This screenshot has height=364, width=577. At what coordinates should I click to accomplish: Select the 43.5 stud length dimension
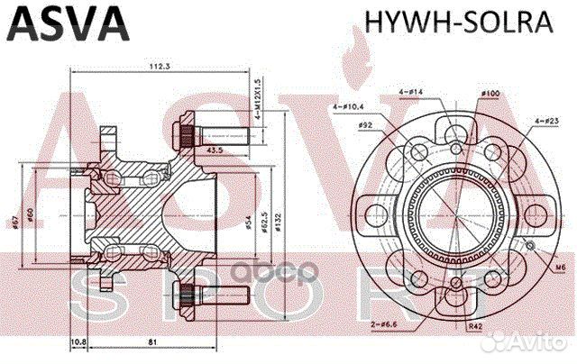click(216, 150)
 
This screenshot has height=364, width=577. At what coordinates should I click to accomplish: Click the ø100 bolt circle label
click(490, 94)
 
